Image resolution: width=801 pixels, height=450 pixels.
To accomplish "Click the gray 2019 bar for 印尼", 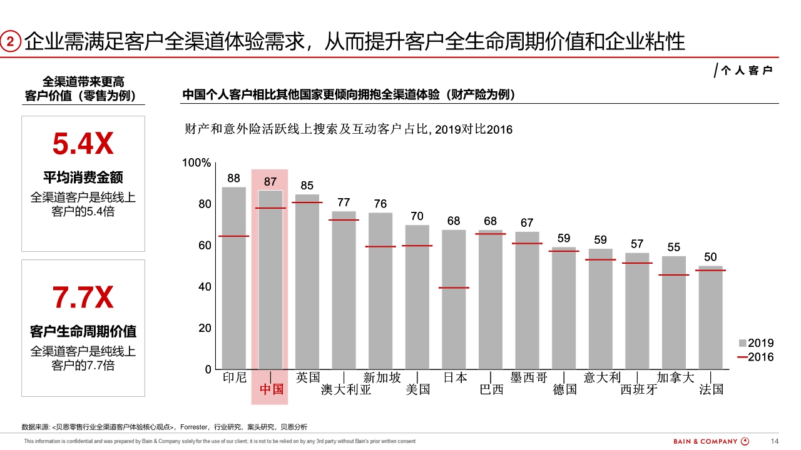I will (234, 278).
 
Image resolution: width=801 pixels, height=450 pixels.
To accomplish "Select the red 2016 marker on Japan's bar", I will (454, 287).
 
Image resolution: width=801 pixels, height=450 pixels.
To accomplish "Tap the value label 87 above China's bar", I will (270, 182).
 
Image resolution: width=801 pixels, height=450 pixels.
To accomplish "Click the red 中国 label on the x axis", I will (271, 389).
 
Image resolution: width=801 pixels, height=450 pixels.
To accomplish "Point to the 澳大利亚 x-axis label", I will (346, 389).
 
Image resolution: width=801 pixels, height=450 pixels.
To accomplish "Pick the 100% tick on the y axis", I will (196, 163).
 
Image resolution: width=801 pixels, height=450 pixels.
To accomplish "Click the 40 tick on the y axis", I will (205, 287).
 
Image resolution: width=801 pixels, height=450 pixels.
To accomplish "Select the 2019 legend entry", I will (756, 343).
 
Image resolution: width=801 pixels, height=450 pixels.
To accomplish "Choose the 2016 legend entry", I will (756, 357).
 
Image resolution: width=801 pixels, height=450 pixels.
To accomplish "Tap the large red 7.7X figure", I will (83, 298).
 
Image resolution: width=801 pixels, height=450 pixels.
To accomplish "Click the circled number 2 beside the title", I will (11, 42).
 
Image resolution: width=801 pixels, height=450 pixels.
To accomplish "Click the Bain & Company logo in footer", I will (711, 441).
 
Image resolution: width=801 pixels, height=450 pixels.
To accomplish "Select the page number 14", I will (775, 441).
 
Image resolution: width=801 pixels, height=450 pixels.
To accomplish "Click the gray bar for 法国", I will (710, 319).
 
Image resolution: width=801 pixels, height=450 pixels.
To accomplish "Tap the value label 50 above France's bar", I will (710, 257).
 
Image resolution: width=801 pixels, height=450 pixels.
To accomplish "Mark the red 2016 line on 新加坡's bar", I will (380, 246).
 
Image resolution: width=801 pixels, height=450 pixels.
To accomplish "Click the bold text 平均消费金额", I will (83, 177).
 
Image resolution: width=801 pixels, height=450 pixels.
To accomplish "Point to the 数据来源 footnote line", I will (165, 427).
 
